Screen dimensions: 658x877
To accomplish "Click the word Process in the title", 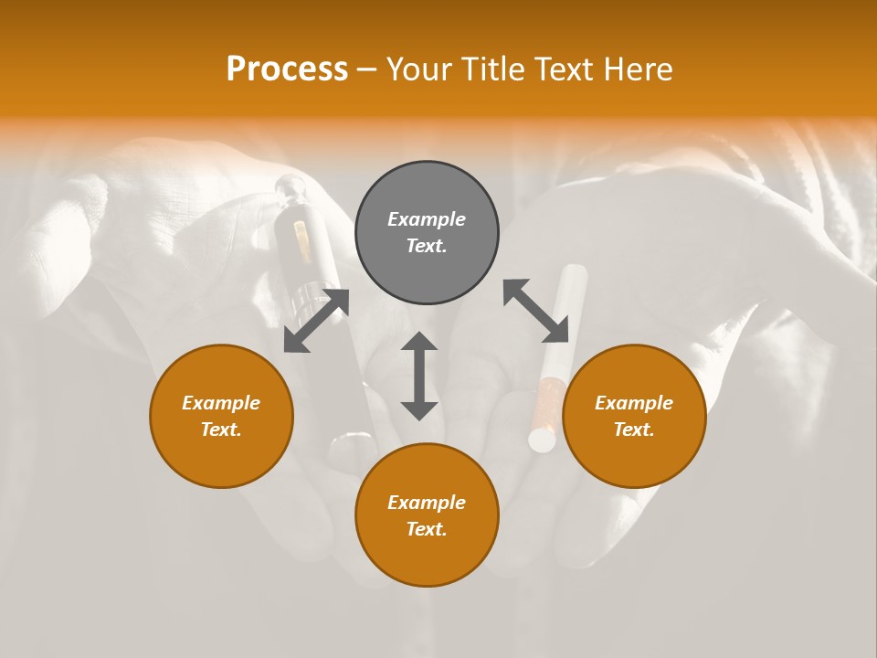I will pyautogui.click(x=287, y=69).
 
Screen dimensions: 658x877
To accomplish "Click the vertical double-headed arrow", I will pyautogui.click(x=419, y=376).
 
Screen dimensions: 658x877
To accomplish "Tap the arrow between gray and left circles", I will pyautogui.click(x=316, y=320).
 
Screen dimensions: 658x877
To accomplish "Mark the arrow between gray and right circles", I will pyautogui.click(x=535, y=311).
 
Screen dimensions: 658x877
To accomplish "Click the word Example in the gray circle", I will pyautogui.click(x=427, y=219).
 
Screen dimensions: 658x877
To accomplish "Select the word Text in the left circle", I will pyautogui.click(x=221, y=430).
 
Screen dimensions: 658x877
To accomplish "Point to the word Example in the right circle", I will pyautogui.click(x=634, y=403).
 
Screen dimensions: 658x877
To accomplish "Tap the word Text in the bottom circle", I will pyautogui.click(x=427, y=529).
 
